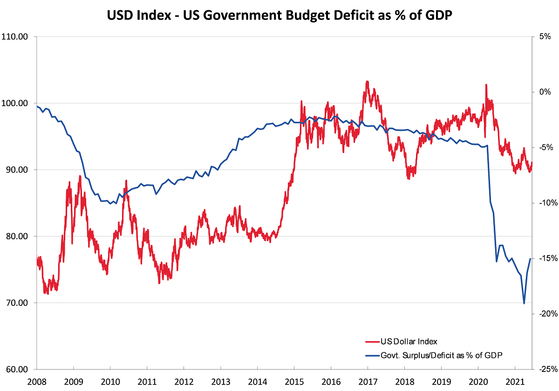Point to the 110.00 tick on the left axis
pos(17,37)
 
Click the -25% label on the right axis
pos(543,370)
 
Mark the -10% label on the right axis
pos(543,203)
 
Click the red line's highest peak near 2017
pos(368,81)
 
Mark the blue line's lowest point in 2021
pos(524,303)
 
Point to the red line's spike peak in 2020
pos(486,85)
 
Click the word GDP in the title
pos(436,15)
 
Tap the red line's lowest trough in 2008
pos(47,294)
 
